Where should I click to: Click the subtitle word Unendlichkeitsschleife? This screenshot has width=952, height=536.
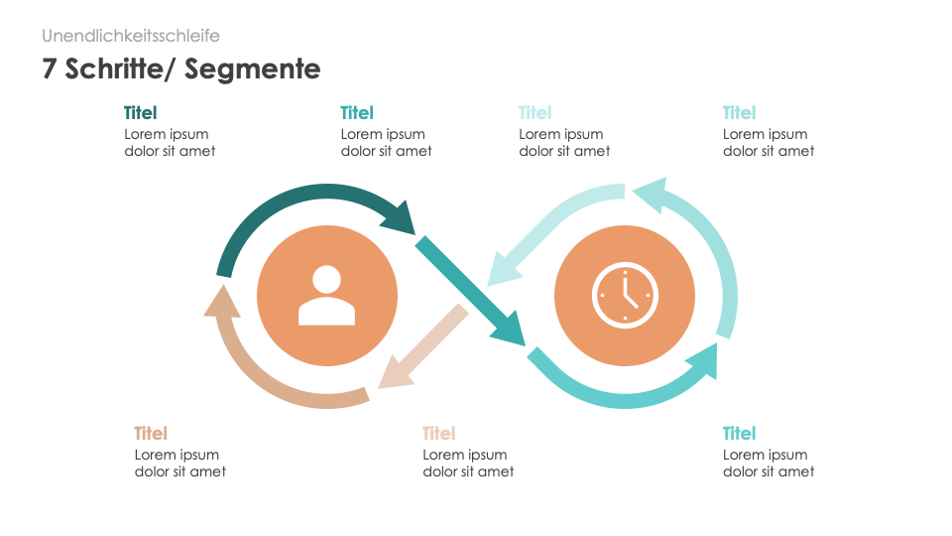[131, 36]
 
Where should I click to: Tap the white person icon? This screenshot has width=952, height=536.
[326, 296]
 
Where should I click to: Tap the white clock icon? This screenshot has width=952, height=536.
[625, 296]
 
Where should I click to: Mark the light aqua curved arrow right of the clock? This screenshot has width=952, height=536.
[709, 248]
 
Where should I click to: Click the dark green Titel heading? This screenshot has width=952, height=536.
[140, 113]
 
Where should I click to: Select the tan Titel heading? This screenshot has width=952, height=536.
[151, 434]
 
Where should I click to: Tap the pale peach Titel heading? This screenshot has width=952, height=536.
[438, 434]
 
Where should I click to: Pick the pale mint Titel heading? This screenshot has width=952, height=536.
[535, 113]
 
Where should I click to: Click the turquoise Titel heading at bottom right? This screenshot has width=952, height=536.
[739, 434]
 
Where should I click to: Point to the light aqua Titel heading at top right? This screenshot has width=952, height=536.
[739, 113]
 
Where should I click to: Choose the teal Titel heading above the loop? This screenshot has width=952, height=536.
[356, 113]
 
